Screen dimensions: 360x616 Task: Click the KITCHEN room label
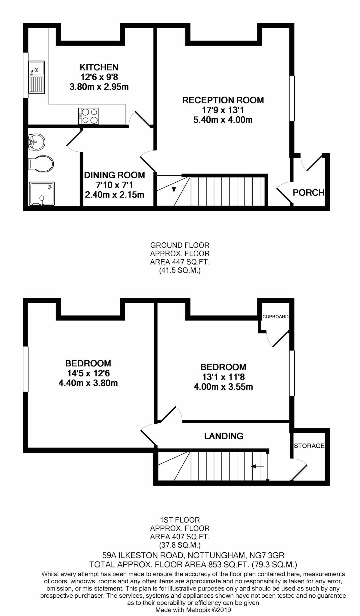tap(99, 67)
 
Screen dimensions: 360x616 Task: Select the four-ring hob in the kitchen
tap(88, 116)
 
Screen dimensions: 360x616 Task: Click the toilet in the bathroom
tap(41, 164)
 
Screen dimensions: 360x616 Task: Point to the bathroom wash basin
tap(36, 141)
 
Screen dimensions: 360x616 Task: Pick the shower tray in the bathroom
tap(42, 193)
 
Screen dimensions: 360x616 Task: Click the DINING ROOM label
tap(114, 175)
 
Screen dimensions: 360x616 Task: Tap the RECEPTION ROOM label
tap(223, 100)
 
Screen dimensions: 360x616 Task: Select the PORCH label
tap(308, 192)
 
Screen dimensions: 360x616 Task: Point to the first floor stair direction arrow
tap(258, 466)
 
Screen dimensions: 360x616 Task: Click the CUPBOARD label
tap(275, 317)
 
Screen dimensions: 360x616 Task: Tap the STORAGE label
tap(309, 446)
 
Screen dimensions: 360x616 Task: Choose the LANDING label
tap(223, 436)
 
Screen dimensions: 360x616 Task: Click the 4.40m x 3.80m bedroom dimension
tap(88, 383)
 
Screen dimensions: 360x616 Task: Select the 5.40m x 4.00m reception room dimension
tap(223, 120)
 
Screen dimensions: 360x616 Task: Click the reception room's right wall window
tap(292, 98)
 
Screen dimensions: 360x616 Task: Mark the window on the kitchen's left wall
tap(26, 75)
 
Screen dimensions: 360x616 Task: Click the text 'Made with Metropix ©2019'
tap(193, 610)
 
